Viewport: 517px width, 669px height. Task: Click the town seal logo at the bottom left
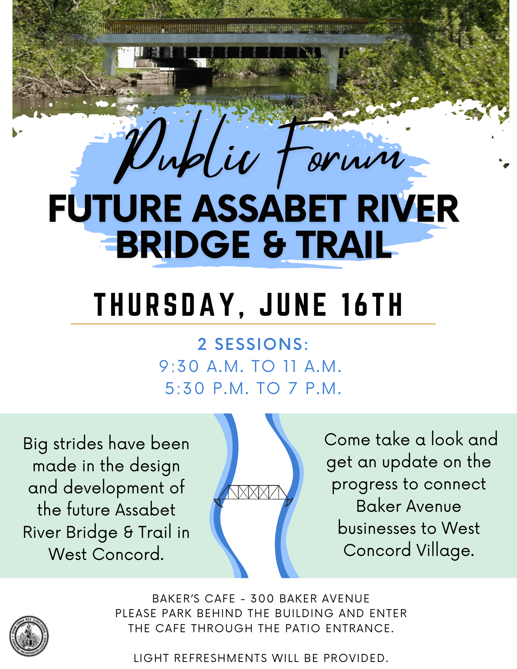pos(29,636)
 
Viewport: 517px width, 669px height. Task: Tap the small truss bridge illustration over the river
pos(253,494)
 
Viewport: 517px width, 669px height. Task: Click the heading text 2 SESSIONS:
pos(253,344)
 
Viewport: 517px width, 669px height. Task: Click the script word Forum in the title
pos(338,151)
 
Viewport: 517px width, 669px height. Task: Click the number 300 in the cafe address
pos(263,598)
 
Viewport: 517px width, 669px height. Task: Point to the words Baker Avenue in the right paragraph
pos(409,506)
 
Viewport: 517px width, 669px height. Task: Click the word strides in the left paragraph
pos(78,444)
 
